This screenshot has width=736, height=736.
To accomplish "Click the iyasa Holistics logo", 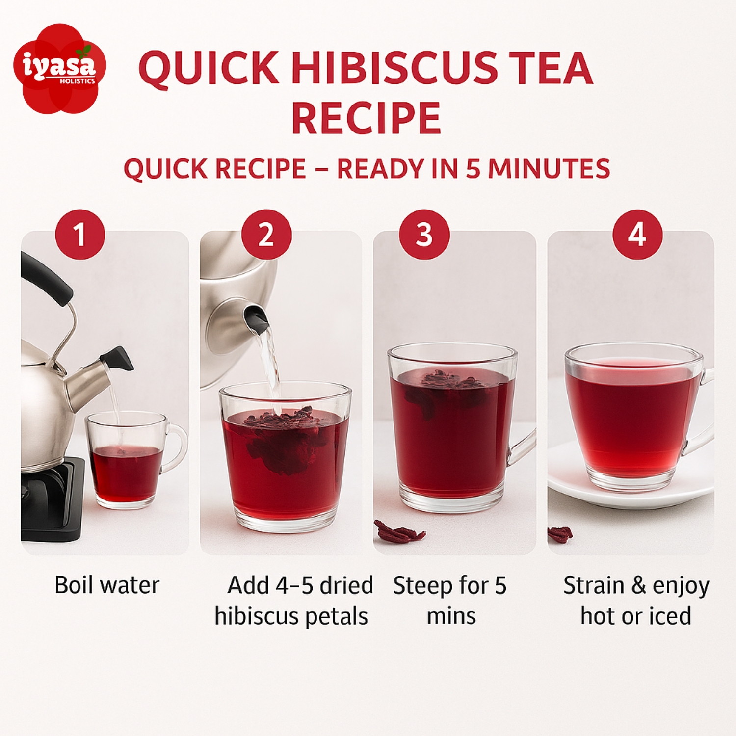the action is (x=60, y=69).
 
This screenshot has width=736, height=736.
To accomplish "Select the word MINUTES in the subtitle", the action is (x=549, y=168).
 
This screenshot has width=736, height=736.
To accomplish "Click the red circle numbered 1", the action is (x=80, y=235).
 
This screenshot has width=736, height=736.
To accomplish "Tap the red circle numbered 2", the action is (x=266, y=235).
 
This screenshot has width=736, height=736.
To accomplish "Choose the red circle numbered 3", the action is (x=424, y=235).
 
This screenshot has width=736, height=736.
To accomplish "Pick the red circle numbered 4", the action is (x=637, y=235).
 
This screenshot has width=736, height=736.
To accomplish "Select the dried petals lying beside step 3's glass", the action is (x=399, y=531).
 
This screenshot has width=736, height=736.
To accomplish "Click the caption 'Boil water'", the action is (x=107, y=585).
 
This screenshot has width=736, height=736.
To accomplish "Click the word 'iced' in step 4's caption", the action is (x=670, y=616).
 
